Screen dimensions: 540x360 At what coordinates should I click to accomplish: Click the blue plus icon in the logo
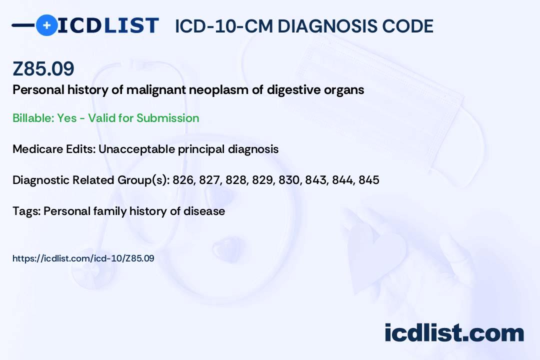47,25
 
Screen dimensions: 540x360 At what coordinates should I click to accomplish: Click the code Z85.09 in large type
43,68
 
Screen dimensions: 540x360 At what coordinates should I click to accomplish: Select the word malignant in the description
156,90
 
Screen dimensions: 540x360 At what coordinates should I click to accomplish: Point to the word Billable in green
33,118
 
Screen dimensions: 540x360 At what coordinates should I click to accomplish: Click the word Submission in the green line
167,118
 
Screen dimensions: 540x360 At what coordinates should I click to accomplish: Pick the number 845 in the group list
369,180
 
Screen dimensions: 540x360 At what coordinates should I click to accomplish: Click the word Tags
26,211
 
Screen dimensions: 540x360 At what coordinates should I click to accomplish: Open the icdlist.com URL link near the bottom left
83,258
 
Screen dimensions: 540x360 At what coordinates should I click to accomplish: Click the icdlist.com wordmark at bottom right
454,333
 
